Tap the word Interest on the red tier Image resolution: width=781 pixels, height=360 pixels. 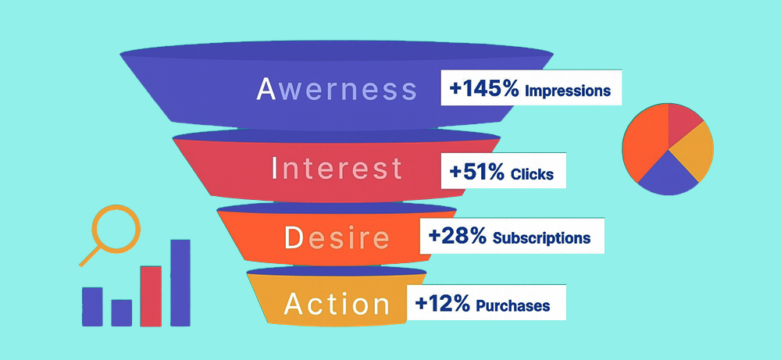click(337, 168)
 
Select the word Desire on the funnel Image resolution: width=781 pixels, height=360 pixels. click(337, 237)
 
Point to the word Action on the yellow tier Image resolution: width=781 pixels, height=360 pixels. click(337, 304)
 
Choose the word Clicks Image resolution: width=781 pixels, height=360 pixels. click(532, 174)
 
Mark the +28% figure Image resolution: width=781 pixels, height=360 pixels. click(457, 236)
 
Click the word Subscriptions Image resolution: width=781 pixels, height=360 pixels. click(541, 238)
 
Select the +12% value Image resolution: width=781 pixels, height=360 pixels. click(442, 304)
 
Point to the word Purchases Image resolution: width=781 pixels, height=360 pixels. click(513, 305)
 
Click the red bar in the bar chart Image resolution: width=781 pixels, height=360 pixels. click(151, 296)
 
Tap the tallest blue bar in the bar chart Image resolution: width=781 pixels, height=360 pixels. click(180, 283)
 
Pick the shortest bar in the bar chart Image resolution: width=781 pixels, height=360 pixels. click(122, 312)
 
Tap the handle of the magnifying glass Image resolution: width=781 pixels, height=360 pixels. click(90, 256)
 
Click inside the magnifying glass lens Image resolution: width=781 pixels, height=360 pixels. click(116, 229)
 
